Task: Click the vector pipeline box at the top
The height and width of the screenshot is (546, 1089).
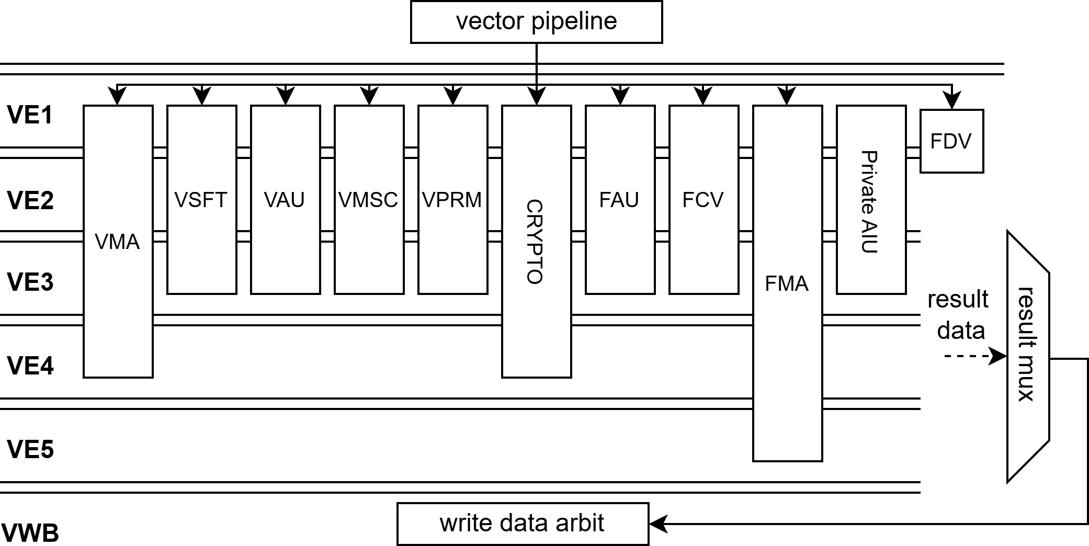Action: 536,21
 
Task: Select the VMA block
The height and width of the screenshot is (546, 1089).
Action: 118,241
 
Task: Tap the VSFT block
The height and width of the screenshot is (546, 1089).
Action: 201,199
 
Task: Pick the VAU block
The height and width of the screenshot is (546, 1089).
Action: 285,199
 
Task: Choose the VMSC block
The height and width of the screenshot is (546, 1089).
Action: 369,199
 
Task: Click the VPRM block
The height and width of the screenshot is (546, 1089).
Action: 452,199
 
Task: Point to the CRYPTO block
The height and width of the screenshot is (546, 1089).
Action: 536,241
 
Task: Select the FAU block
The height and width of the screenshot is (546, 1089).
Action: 620,199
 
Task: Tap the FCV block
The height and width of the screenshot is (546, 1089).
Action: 704,199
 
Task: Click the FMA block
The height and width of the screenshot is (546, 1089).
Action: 787,283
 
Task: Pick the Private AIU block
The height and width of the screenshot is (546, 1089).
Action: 871,199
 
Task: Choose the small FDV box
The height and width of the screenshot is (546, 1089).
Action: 951,141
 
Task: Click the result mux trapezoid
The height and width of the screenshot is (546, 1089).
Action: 1028,356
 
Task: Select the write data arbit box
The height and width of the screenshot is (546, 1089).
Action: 523,524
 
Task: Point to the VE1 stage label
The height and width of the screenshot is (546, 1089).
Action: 30,115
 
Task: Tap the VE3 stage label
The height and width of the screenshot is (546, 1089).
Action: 30,282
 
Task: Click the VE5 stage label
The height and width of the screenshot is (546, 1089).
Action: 30,449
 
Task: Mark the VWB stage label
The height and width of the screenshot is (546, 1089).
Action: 30,533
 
